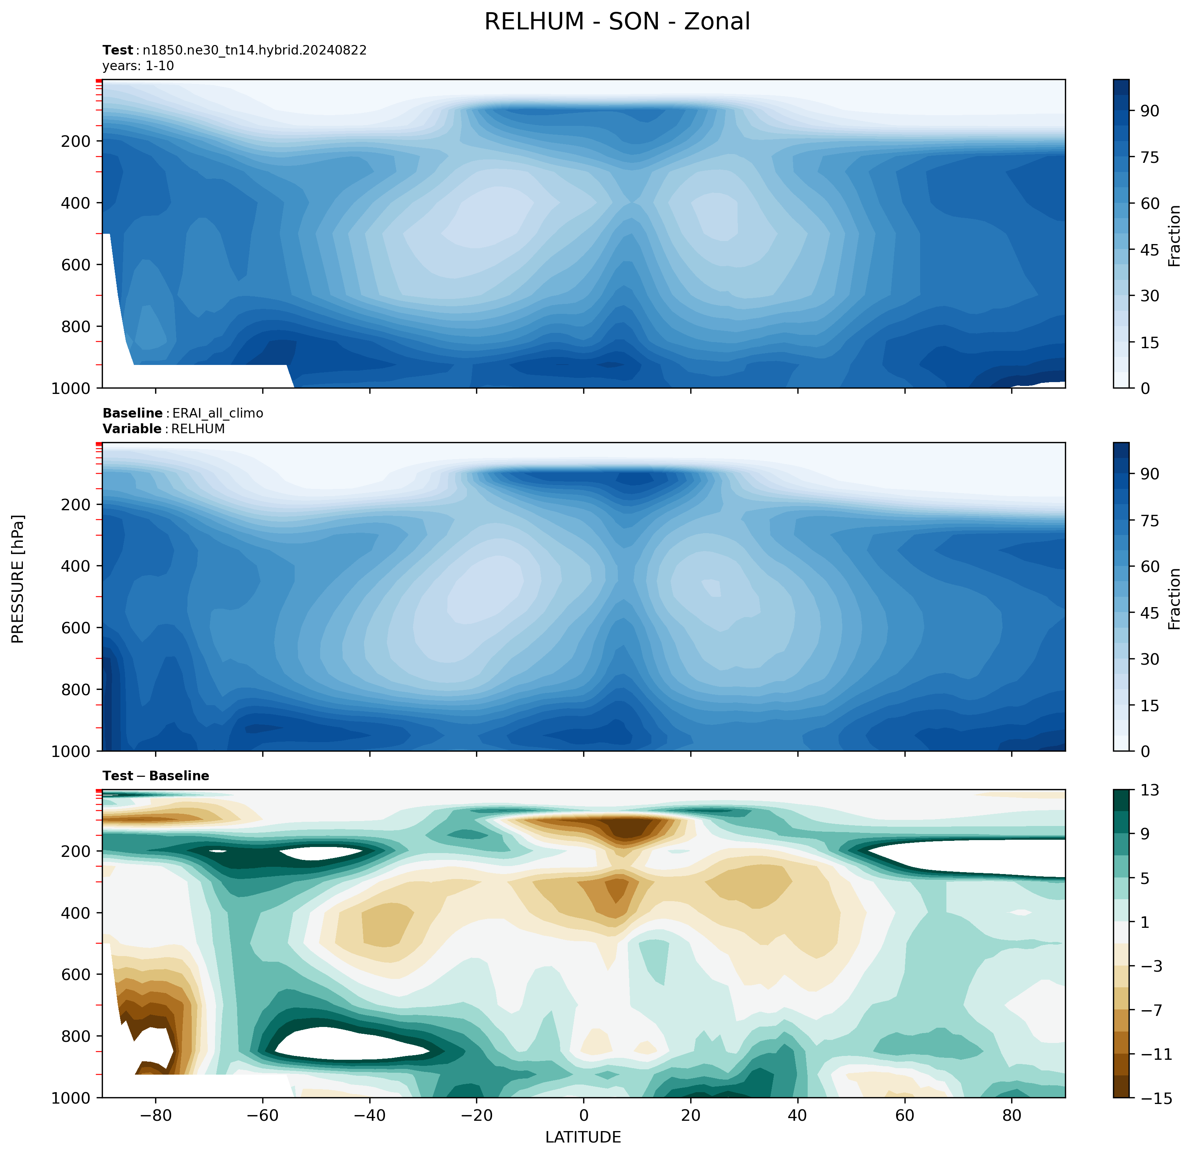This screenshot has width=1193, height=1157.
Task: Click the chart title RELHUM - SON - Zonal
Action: [617, 22]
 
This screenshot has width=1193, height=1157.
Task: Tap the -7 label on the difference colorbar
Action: [1150, 1010]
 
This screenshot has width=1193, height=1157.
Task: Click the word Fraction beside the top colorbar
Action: [1175, 236]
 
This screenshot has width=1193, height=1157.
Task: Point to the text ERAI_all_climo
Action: [218, 413]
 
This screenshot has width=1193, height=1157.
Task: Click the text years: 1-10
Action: [138, 66]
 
